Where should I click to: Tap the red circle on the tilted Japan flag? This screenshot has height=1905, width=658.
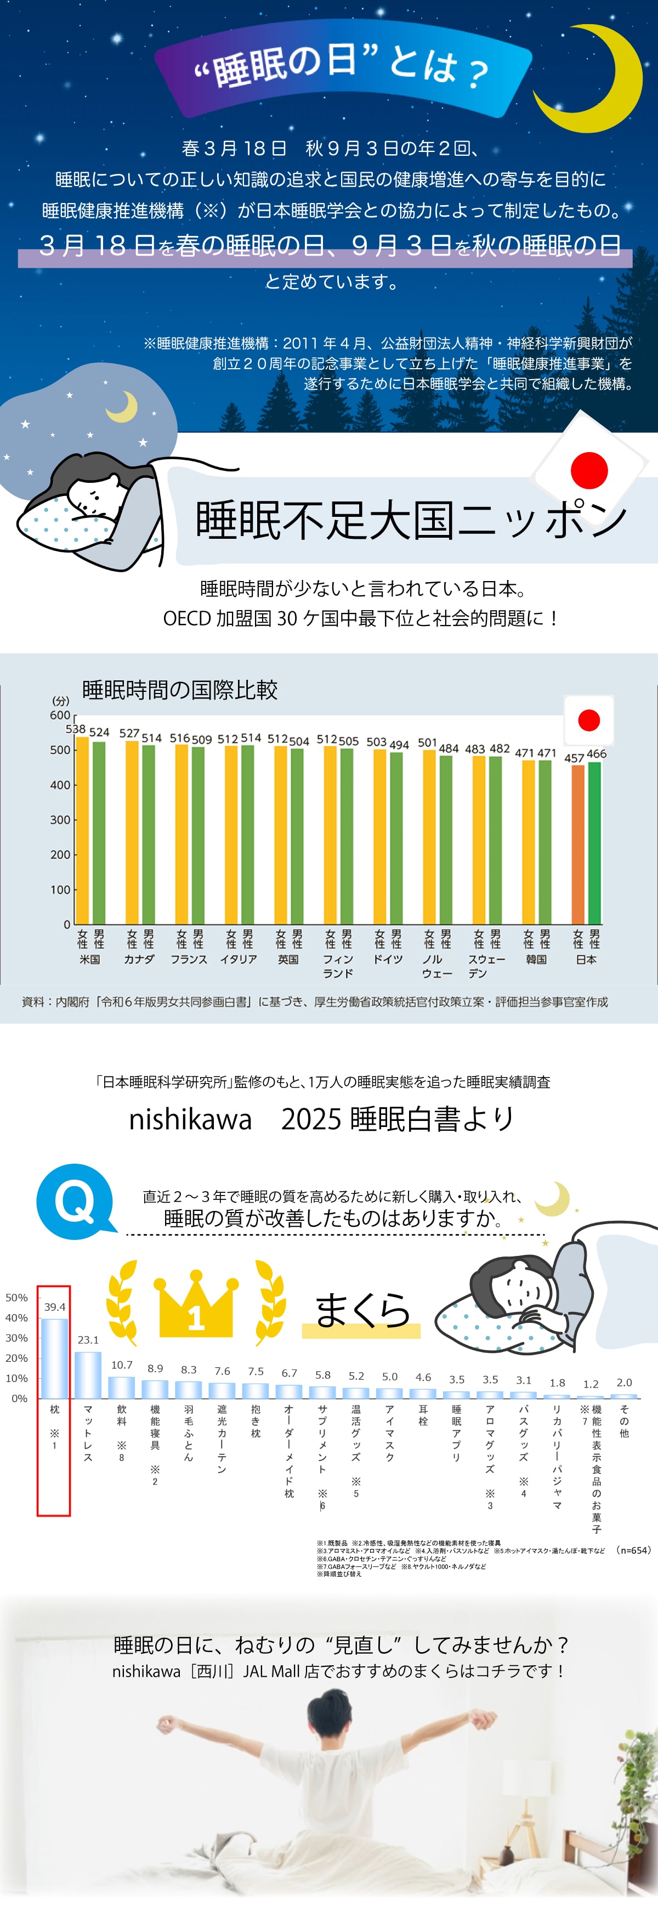point(589,470)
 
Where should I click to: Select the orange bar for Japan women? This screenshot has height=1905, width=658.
point(577,844)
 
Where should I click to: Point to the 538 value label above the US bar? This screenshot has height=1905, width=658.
point(76,729)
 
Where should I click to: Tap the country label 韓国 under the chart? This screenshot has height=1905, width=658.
point(536,959)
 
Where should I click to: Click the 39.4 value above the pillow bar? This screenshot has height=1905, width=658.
point(55,1307)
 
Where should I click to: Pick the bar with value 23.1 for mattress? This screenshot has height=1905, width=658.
point(88,1375)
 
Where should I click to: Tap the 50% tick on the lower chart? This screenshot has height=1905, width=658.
point(16,1297)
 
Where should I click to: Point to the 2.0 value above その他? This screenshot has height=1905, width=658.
point(624,1382)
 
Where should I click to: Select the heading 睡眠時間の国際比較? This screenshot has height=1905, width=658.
point(180,690)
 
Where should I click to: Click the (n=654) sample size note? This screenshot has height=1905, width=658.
point(633,1550)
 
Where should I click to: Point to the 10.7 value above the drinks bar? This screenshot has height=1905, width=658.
point(122,1365)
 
